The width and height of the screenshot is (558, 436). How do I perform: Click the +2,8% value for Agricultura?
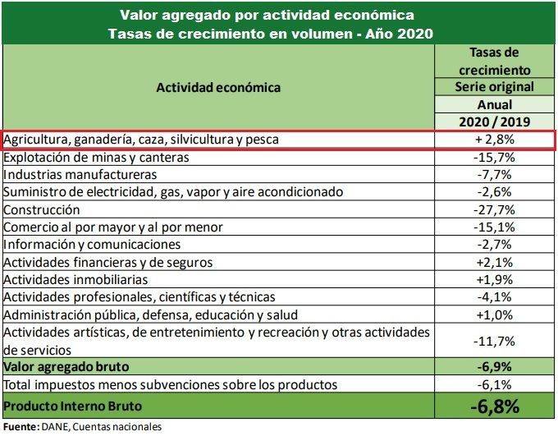[x=494, y=140]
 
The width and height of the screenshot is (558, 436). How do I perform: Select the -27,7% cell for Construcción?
[x=494, y=209]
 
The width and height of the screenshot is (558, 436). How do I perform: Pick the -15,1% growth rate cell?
[x=494, y=227]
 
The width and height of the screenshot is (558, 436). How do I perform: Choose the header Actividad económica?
[x=219, y=87]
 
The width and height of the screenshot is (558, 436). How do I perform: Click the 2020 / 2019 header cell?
[x=494, y=122]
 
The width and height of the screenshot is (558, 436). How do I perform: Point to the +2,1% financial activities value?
[x=494, y=262]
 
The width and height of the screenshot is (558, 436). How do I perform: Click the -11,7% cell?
[x=494, y=340]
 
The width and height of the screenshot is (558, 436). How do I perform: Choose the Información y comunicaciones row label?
[x=92, y=245]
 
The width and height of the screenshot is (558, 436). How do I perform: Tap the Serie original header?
[x=494, y=87]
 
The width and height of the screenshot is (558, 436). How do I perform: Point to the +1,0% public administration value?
[x=494, y=314]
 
